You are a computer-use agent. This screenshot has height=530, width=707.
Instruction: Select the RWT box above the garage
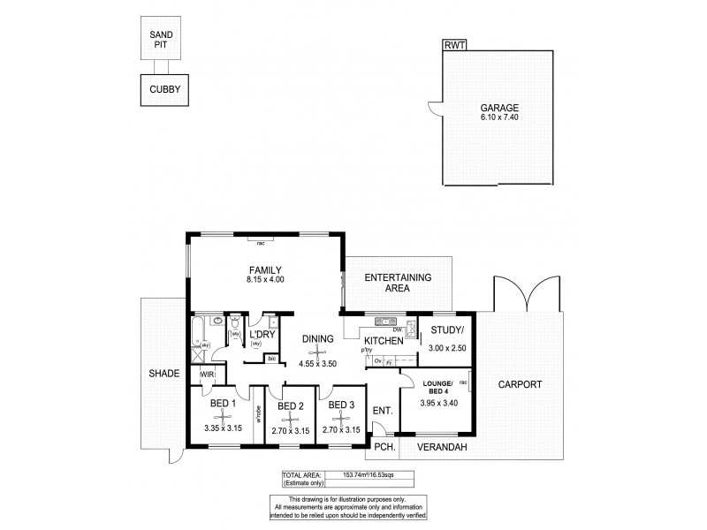[x=455, y=44]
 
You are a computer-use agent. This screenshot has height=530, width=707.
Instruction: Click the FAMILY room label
[x=265, y=269]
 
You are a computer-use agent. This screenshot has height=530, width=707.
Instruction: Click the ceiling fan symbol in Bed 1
[x=221, y=419]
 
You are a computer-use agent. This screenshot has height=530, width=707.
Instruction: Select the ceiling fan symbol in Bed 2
[x=291, y=419]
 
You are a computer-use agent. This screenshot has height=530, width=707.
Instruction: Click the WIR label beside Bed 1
[x=207, y=375]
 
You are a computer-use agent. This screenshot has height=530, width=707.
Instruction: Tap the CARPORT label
[x=520, y=384]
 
